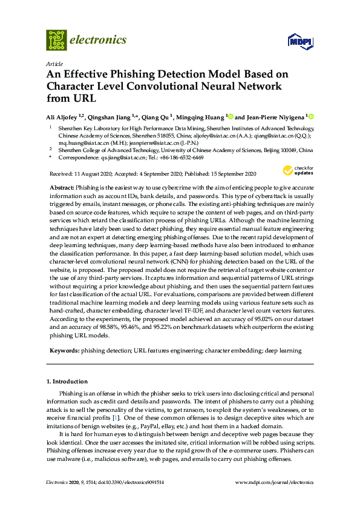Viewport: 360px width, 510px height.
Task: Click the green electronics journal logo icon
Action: tap(56, 40)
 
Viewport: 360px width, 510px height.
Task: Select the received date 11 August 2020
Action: tap(96, 173)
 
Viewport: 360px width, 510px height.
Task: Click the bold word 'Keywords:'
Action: tap(64, 351)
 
